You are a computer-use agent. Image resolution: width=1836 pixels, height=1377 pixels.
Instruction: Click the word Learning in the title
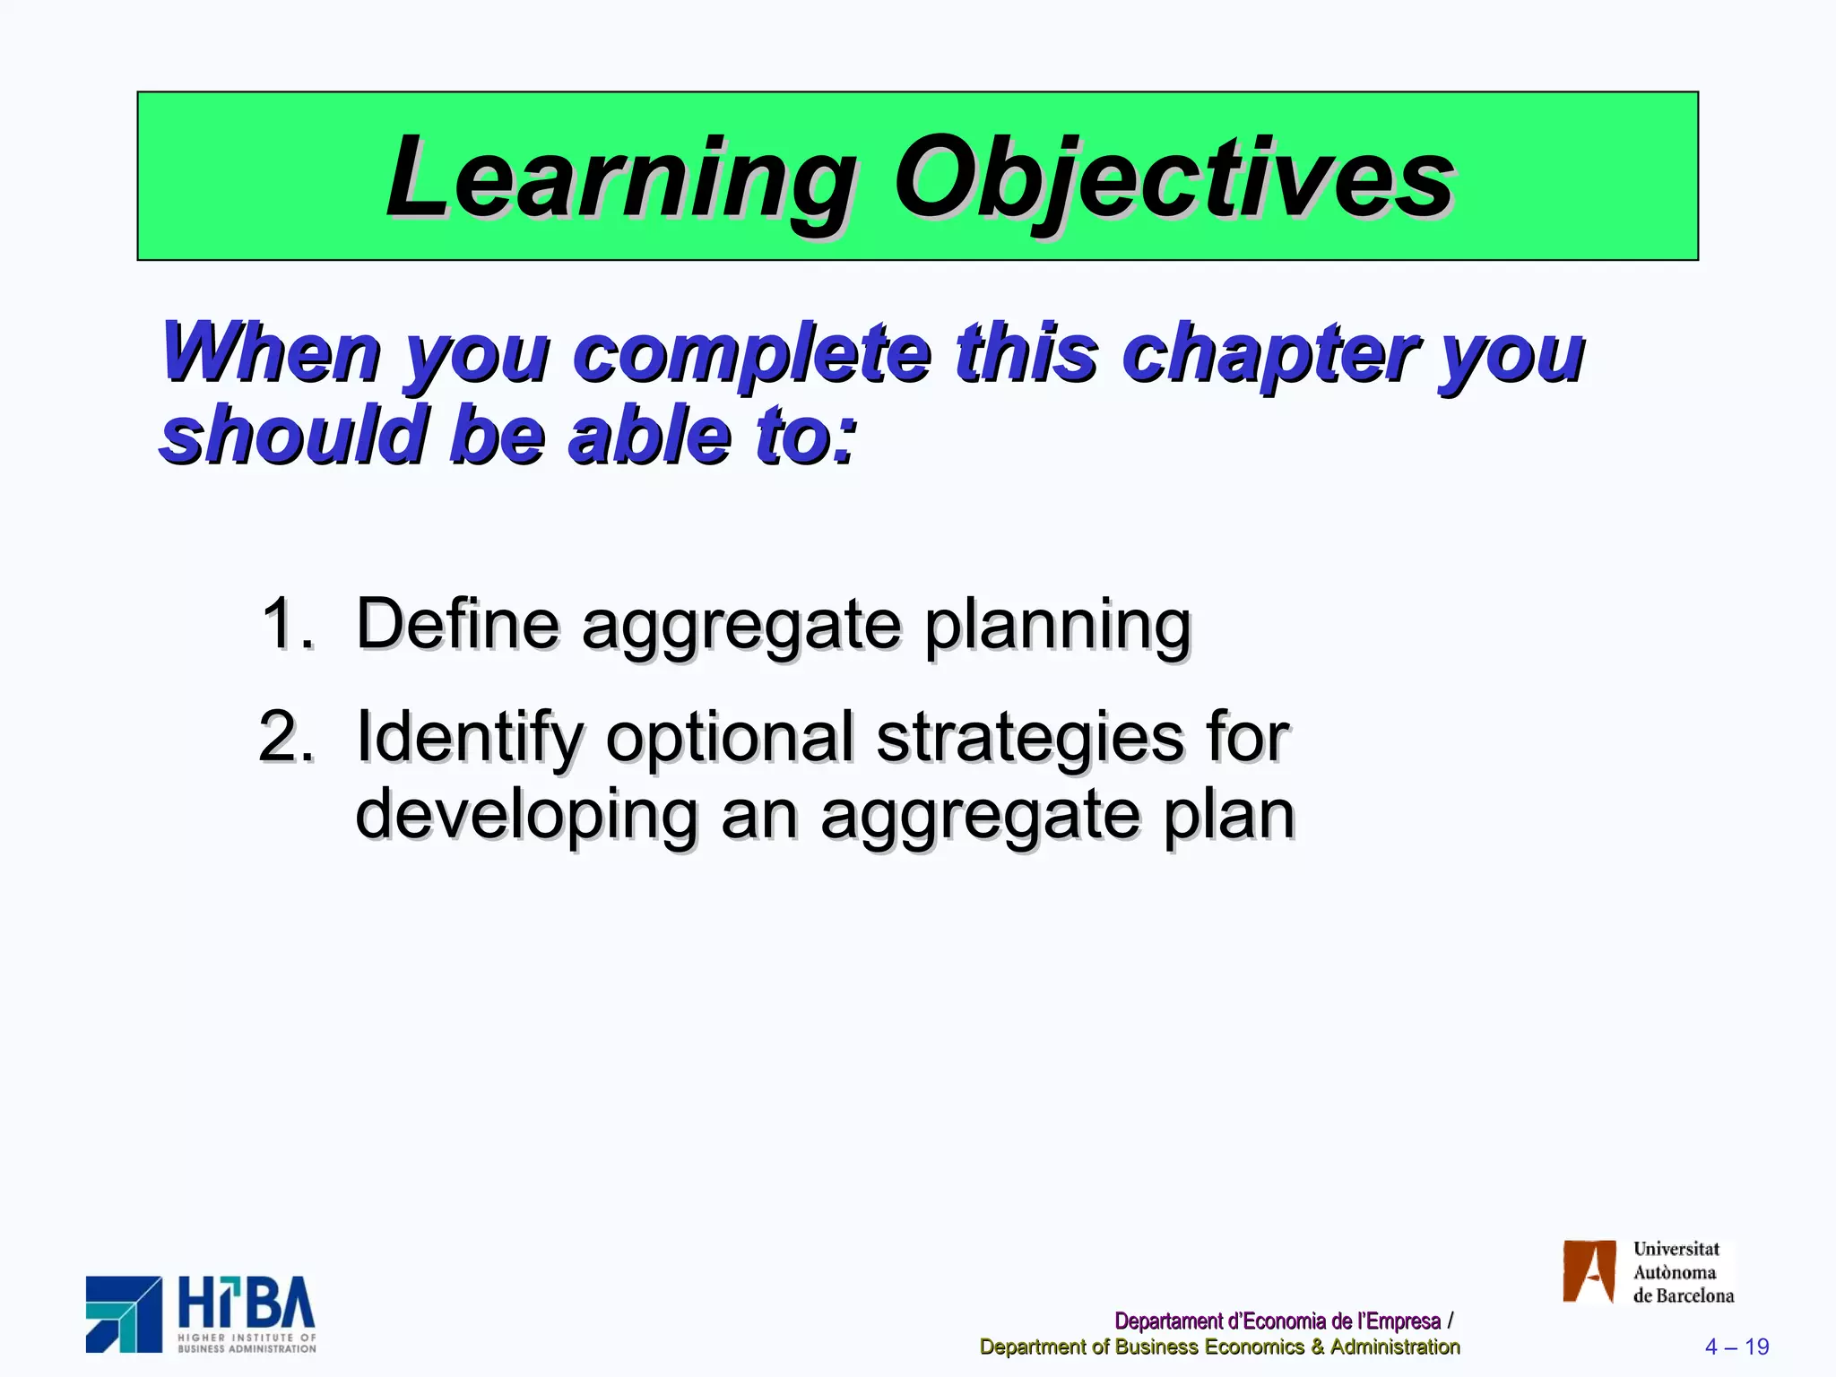(619, 179)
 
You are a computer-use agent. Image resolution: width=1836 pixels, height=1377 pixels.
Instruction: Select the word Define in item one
(457, 624)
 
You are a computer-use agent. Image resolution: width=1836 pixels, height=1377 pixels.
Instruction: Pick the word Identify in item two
(470, 737)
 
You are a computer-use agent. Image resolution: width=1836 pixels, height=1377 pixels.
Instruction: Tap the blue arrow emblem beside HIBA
(124, 1314)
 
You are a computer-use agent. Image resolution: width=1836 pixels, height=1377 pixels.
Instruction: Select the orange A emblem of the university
(1589, 1271)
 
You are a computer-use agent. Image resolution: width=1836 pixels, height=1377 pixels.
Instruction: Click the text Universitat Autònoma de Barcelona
(1682, 1272)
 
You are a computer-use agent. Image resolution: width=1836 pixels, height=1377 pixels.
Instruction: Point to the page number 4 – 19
(1736, 1347)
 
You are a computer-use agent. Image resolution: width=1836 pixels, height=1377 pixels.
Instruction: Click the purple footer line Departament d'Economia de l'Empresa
(1277, 1321)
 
